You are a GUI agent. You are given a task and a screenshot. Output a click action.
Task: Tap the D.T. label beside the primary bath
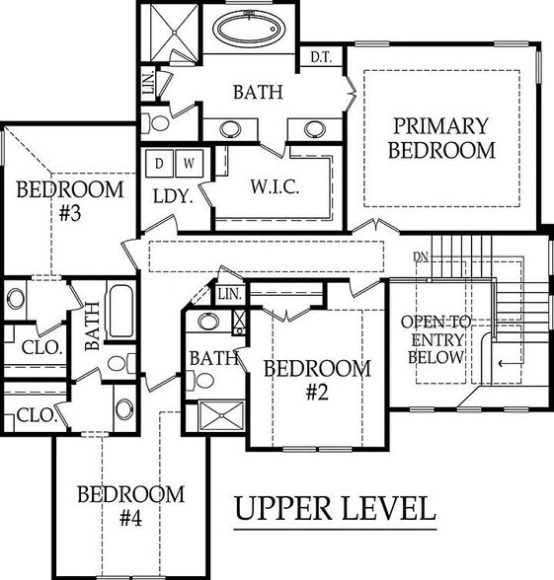[x=320, y=56]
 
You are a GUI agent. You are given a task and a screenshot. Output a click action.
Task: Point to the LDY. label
[x=172, y=195]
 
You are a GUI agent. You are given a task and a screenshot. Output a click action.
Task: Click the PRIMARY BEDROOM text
[x=440, y=138]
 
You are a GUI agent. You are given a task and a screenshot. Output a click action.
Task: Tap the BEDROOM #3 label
[x=69, y=201]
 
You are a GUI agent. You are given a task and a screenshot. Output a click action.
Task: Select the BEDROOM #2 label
[x=317, y=380]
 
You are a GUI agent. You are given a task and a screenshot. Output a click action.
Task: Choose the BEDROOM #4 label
[x=130, y=505]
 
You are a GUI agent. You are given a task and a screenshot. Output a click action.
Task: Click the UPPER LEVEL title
[x=335, y=509]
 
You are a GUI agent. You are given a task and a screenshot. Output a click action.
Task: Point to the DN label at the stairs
[x=422, y=257]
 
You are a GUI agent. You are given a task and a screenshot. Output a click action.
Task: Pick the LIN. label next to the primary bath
[x=148, y=86]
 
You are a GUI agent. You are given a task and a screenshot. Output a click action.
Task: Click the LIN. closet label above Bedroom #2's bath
[x=229, y=294]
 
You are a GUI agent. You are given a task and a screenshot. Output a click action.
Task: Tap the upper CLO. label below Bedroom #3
[x=40, y=347]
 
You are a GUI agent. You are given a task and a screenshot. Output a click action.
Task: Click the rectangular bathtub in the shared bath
[x=120, y=311]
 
